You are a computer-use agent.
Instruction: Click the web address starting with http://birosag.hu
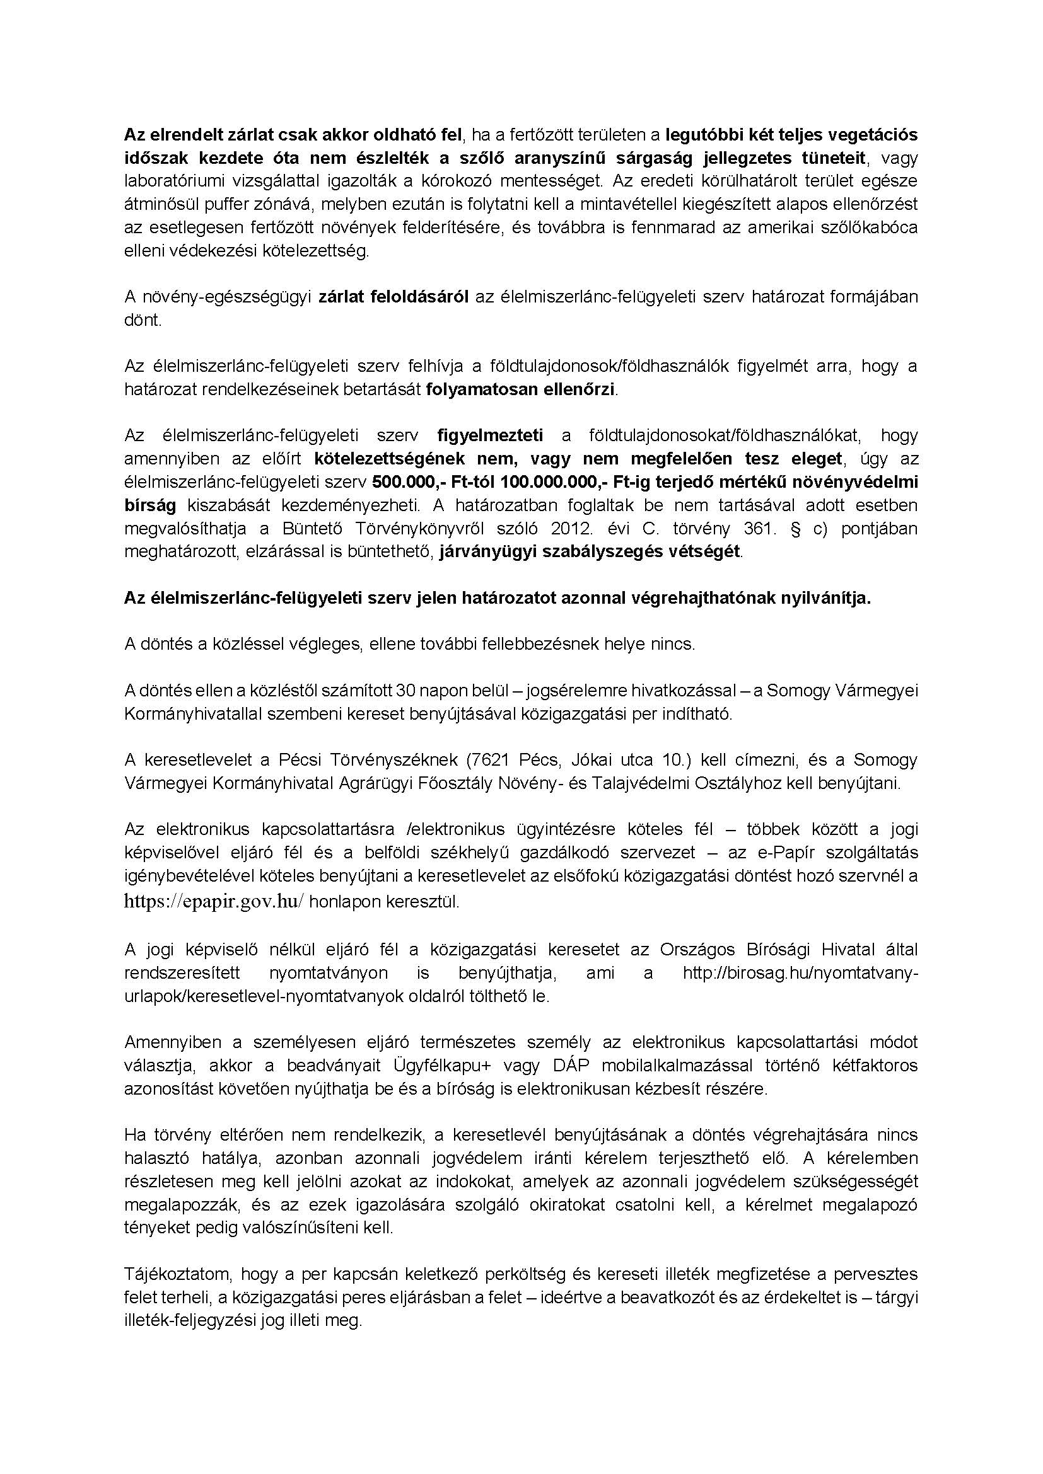[800, 973]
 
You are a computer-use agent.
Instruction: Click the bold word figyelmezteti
[490, 435]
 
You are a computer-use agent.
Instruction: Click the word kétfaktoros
[875, 1066]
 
